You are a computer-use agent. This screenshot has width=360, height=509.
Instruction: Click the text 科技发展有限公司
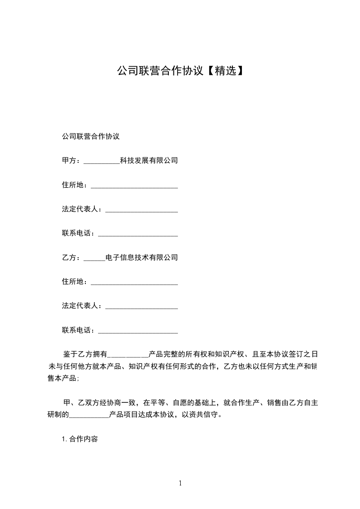click(x=148, y=161)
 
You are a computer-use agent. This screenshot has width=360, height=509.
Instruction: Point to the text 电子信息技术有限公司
click(x=141, y=258)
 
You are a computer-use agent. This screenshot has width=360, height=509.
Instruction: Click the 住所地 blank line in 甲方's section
click(x=134, y=186)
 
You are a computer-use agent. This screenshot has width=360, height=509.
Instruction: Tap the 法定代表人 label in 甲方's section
click(x=83, y=209)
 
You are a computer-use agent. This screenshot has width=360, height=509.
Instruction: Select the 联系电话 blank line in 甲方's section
click(x=138, y=235)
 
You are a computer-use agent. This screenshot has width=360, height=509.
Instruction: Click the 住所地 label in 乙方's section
click(x=76, y=282)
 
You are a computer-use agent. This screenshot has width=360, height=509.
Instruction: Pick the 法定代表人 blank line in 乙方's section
click(x=141, y=307)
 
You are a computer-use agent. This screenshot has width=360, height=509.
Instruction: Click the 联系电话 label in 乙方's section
click(x=79, y=330)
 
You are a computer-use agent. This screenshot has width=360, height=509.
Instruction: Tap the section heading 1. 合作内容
click(x=80, y=439)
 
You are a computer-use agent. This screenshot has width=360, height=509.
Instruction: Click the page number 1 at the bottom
click(x=180, y=483)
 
